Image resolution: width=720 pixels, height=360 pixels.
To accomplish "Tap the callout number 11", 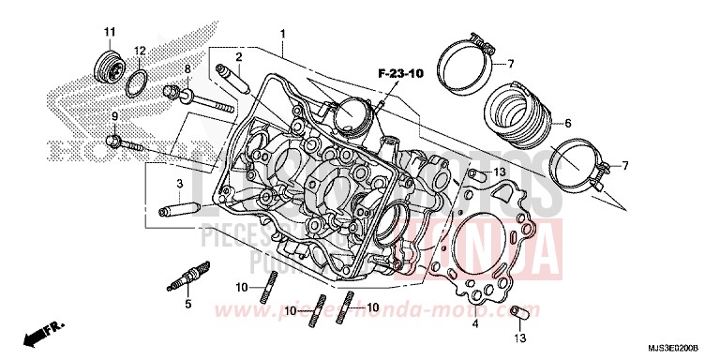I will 109,33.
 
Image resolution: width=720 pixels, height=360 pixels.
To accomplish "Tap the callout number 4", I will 474,323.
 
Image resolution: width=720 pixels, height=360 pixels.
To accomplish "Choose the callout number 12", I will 139,50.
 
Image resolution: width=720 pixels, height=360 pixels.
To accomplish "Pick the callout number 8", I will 187,69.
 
